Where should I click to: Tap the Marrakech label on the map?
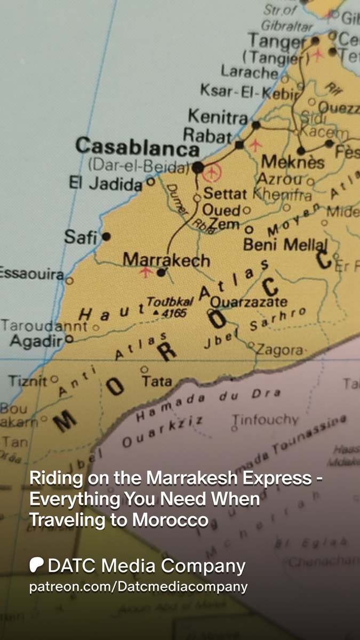(166, 260)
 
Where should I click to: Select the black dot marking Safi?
(106, 236)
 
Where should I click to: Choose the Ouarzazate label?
(249, 302)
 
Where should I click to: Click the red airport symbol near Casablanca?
(213, 172)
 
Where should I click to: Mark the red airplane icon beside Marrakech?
(145, 272)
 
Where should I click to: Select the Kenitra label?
(218, 116)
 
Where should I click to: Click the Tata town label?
(157, 381)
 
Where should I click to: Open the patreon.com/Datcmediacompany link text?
(138, 587)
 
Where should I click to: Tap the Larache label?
(250, 71)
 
